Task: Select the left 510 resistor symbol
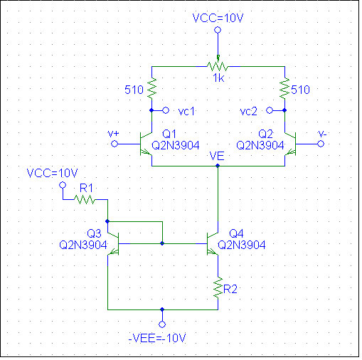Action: [x=151, y=88]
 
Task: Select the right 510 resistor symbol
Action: [x=284, y=88]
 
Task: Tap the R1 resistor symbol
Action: [x=85, y=199]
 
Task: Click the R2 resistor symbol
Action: [x=218, y=287]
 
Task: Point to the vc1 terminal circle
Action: [x=166, y=110]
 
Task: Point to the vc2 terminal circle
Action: [x=270, y=110]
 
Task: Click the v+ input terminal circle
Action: [x=115, y=144]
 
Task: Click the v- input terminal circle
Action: [x=321, y=144]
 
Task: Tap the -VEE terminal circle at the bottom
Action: [x=162, y=324]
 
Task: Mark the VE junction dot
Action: [x=218, y=166]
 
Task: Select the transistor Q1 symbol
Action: [x=146, y=144]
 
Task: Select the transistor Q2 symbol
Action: [x=290, y=144]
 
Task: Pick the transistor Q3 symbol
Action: [x=113, y=243]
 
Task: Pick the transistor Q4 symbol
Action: [x=213, y=243]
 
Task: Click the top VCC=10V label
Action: [x=218, y=18]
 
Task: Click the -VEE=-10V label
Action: [x=157, y=338]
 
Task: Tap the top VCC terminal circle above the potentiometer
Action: [x=218, y=30]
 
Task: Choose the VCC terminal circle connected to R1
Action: [x=63, y=185]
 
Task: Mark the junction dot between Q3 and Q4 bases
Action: [x=162, y=243]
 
